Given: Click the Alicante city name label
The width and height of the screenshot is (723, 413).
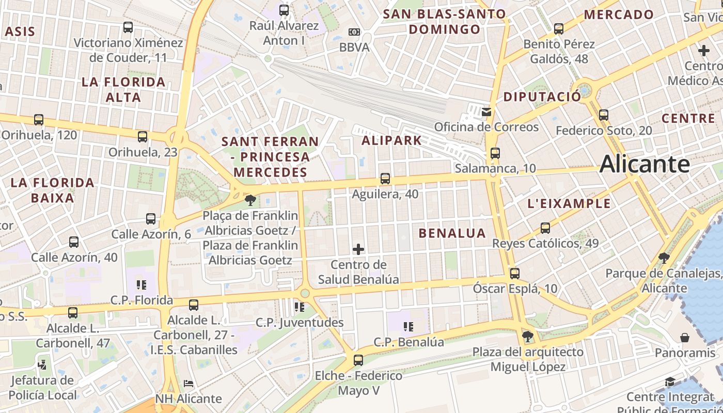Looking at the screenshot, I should click(x=645, y=164).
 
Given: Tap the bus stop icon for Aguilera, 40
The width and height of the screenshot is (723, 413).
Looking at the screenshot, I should click(x=385, y=179).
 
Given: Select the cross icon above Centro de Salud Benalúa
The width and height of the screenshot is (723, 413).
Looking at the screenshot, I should click(x=358, y=249).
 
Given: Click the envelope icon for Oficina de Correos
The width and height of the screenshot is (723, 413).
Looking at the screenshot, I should click(x=486, y=112).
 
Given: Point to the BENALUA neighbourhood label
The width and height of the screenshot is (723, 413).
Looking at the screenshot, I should click(x=452, y=233).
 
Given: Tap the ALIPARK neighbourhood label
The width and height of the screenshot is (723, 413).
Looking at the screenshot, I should click(x=392, y=140).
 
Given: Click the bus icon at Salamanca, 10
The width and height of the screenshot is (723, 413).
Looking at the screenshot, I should click(x=495, y=153).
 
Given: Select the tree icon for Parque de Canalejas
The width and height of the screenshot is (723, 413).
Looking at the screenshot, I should click(x=664, y=258).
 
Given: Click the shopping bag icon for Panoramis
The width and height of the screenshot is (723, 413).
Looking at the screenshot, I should click(x=685, y=338).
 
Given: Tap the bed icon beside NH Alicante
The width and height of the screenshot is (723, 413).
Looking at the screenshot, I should click(x=188, y=384).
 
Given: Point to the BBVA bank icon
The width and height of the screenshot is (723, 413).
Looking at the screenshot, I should click(x=354, y=32).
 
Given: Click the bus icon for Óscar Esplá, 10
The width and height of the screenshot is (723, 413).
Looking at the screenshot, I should click(x=514, y=274).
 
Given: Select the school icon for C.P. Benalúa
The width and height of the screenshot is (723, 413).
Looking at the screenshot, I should click(x=408, y=327).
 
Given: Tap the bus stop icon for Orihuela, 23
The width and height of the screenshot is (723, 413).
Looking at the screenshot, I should click(x=143, y=137).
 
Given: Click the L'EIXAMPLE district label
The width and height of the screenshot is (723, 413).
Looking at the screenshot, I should click(x=569, y=203).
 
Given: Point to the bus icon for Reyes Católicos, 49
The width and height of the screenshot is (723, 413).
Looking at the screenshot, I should click(x=545, y=228).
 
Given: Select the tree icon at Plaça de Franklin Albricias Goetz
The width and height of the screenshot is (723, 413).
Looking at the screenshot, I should click(x=250, y=200).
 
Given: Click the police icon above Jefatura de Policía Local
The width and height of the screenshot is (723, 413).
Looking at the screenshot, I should click(x=42, y=365).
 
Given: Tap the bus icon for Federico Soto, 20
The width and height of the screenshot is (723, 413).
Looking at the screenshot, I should click(x=604, y=115).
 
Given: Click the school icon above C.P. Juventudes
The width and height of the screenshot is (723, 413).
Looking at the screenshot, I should click(x=299, y=307).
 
